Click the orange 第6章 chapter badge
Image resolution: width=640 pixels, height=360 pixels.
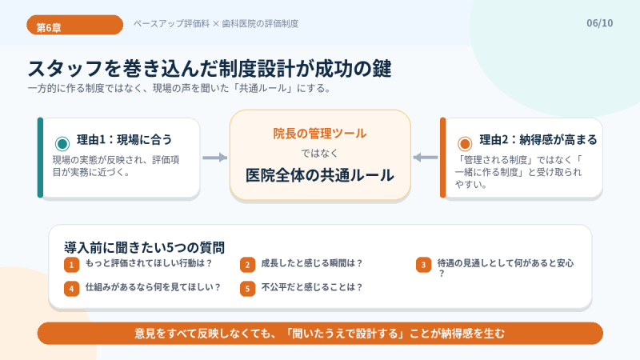[74, 25]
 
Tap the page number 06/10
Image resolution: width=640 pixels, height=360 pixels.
[599, 23]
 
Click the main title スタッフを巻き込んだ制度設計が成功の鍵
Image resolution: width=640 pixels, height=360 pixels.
[210, 68]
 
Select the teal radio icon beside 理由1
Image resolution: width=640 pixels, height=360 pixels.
[62, 144]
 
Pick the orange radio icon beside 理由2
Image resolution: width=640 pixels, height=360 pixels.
[465, 144]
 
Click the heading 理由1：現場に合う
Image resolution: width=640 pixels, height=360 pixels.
[125, 139]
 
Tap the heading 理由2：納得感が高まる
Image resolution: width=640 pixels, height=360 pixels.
[538, 139]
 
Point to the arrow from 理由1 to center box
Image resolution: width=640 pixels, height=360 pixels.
[215, 158]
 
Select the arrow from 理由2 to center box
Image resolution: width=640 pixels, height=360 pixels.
[426, 158]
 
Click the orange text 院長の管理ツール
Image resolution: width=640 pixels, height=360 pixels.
[319, 134]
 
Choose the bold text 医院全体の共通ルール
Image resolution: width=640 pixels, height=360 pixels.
[319, 175]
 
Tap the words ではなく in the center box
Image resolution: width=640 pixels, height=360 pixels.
[319, 154]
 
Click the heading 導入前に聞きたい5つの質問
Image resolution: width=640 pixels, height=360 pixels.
[144, 247]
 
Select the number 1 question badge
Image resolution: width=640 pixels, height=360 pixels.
[71, 265]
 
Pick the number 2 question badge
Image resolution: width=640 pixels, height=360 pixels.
[247, 265]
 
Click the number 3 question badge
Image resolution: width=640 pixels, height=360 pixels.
[424, 265]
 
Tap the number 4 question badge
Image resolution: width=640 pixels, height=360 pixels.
[71, 289]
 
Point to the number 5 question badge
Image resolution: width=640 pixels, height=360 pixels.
[247, 289]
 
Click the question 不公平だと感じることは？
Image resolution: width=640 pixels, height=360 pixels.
[312, 287]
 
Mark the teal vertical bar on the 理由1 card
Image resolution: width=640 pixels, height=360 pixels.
[40, 158]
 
